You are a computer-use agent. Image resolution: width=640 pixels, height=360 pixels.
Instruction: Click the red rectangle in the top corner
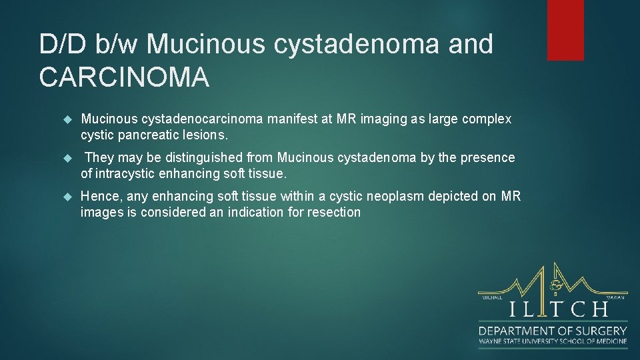pos(565,30)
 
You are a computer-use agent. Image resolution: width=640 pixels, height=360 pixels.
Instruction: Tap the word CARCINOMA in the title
pos(124,77)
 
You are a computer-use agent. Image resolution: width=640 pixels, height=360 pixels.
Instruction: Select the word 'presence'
pos(489,158)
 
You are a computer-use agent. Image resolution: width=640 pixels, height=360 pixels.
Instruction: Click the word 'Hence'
pos(99,197)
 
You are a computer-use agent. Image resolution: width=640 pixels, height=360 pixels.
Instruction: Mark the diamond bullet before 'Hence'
pos(67,197)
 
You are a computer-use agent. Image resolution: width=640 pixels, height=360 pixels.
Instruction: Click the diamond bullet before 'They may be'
pos(67,158)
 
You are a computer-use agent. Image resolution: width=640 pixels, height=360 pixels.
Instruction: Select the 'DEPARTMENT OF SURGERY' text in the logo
pos(553,331)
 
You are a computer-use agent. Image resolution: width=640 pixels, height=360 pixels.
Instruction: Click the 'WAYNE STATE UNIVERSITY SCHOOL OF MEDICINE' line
pos(553,341)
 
